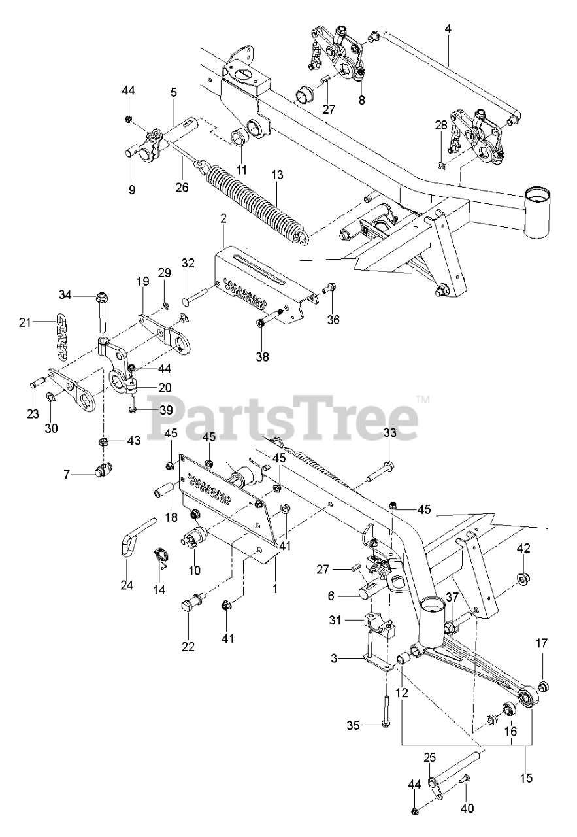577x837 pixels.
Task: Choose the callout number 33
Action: [x=389, y=433]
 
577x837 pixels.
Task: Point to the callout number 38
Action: [x=261, y=357]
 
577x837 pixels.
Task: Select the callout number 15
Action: [x=527, y=778]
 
